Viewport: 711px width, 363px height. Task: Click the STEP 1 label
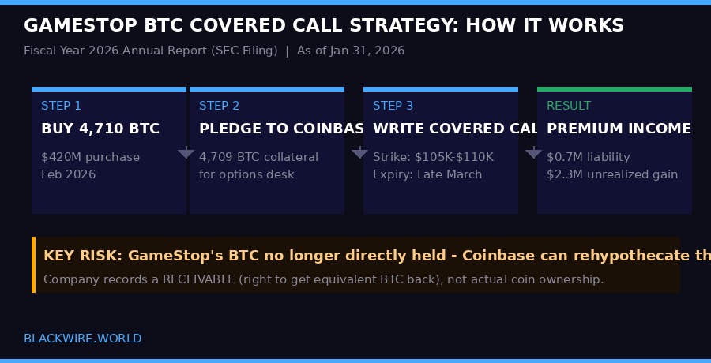coord(61,106)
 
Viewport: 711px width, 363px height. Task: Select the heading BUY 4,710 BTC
coord(100,129)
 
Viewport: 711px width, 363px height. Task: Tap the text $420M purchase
coord(90,157)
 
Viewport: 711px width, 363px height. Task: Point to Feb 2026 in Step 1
coord(68,174)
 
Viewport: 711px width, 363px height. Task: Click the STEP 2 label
coord(219,106)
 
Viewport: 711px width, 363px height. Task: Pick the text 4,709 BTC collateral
coord(258,157)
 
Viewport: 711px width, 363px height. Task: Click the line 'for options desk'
coord(246,174)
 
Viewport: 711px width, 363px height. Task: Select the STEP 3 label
coord(393,106)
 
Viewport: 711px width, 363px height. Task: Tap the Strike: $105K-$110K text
coord(433,157)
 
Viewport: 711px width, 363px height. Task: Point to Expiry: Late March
coord(427,174)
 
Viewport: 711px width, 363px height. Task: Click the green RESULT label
coord(569,106)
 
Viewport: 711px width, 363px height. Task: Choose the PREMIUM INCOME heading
coord(619,129)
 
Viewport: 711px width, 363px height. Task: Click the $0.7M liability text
coord(589,157)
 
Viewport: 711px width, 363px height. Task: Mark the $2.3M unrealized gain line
coord(612,174)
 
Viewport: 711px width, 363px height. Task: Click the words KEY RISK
coord(82,256)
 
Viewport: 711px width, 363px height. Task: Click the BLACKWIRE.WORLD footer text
coord(83,339)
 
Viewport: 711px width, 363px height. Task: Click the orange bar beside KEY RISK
coord(34,264)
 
